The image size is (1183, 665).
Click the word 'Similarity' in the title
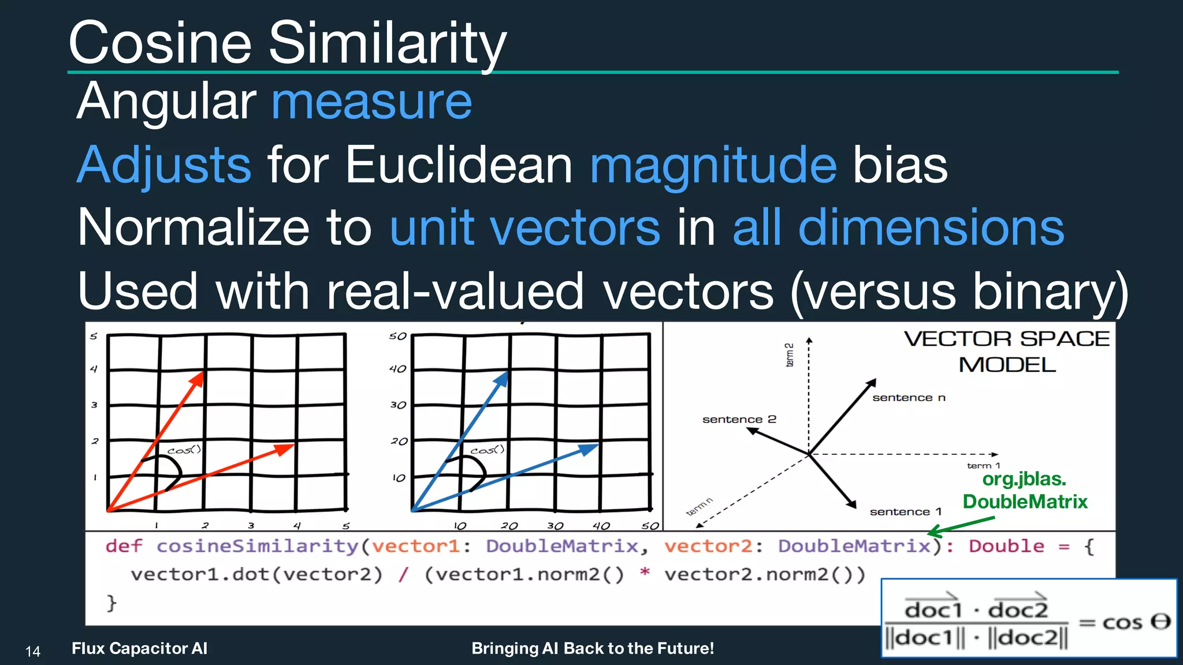[387, 43]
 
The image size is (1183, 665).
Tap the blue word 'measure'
[371, 102]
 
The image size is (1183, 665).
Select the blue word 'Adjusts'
[164, 165]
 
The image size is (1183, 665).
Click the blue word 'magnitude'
[713, 165]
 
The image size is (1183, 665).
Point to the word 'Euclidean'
[459, 165]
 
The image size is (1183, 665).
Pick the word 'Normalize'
[194, 227]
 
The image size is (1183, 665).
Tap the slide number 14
[33, 652]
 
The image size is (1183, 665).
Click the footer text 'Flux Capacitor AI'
[139, 648]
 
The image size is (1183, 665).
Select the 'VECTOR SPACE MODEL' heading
[1006, 351]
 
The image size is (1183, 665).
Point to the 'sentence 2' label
[739, 420]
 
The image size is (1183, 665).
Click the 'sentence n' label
[909, 398]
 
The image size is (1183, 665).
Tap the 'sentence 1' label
[905, 512]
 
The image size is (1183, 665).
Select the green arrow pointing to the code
[962, 526]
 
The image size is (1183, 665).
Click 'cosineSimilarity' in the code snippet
[258, 546]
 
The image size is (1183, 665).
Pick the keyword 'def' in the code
[124, 546]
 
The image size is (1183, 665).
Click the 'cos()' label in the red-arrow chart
[184, 450]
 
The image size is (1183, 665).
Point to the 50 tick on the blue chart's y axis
[397, 336]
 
